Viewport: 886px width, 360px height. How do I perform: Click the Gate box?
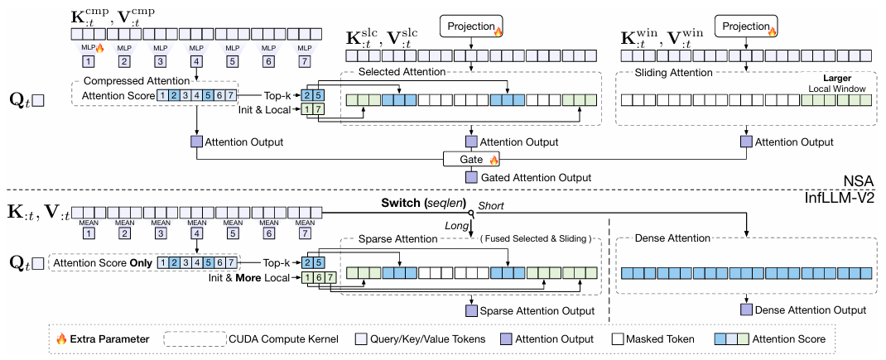tap(471, 160)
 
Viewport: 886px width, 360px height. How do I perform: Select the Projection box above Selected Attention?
tap(471, 26)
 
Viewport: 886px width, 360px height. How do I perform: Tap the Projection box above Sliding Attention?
tap(746, 26)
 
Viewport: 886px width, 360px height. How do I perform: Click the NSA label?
tap(861, 181)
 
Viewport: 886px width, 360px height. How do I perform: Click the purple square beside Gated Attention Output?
tap(471, 177)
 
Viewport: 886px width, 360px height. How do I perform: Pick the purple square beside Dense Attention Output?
tap(746, 310)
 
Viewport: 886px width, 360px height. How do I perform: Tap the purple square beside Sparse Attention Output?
tap(471, 311)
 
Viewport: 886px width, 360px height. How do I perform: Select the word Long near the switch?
tap(456, 226)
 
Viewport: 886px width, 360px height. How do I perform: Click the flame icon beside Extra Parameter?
tap(61, 339)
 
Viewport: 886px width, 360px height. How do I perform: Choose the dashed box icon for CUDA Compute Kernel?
tap(194, 339)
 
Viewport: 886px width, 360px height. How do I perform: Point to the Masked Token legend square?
tap(618, 339)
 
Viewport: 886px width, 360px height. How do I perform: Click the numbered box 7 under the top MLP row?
tap(306, 61)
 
